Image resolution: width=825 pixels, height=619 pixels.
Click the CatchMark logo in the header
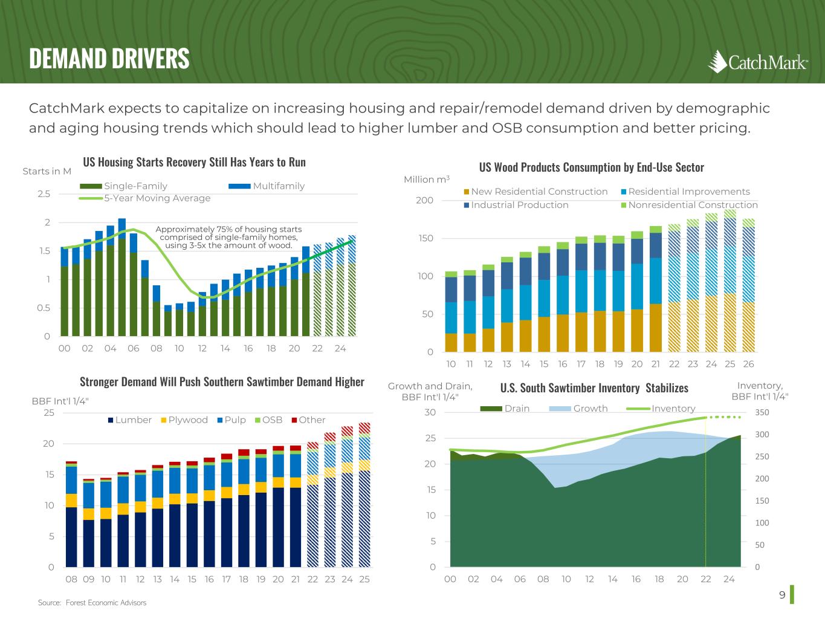[758, 62]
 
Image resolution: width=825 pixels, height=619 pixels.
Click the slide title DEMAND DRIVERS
[109, 59]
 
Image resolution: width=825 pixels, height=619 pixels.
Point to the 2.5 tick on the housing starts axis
[44, 194]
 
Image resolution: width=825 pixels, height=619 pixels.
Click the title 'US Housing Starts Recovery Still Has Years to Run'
[194, 162]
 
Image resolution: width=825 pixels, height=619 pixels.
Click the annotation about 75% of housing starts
[228, 237]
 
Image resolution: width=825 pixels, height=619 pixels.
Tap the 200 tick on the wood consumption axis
[424, 201]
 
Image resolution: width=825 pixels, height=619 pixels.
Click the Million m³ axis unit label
[427, 180]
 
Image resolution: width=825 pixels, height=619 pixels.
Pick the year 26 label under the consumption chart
[748, 364]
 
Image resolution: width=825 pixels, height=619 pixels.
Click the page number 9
[782, 595]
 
